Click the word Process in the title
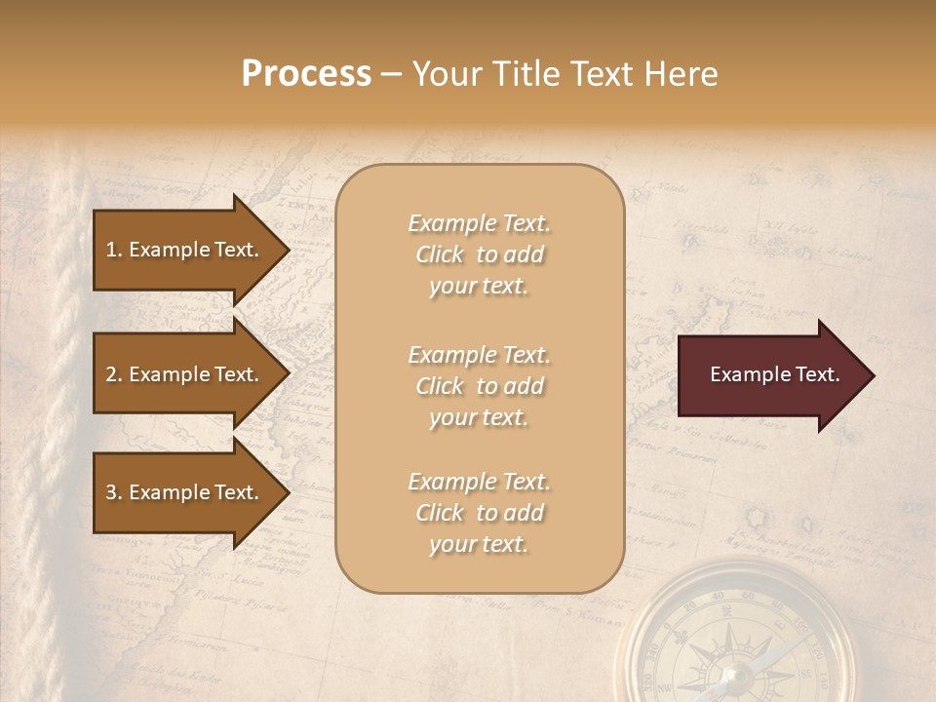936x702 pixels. (306, 74)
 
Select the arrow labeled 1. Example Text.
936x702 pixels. (185, 250)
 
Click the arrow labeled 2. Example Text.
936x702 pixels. (185, 374)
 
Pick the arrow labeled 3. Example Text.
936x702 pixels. (185, 492)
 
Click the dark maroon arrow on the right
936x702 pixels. (770, 375)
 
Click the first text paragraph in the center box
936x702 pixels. (479, 254)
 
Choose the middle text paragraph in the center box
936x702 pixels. (479, 386)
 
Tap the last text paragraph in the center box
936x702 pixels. (479, 513)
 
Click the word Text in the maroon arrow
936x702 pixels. (816, 374)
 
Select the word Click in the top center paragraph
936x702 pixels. (439, 254)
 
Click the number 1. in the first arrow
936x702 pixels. (113, 250)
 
